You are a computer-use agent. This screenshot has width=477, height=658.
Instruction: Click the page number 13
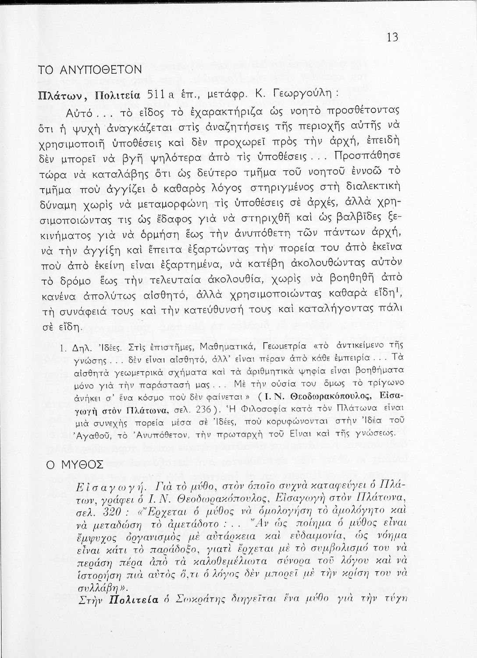(392, 37)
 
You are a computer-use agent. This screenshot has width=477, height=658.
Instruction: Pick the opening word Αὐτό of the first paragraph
(78, 113)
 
